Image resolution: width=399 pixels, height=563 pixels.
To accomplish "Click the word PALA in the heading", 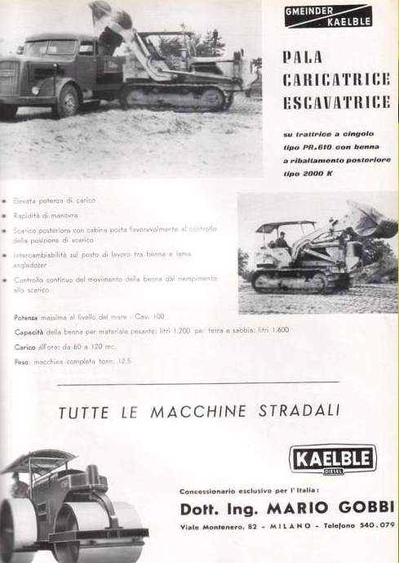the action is [x=302, y=58].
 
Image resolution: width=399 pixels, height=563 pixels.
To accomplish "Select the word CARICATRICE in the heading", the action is [x=329, y=80].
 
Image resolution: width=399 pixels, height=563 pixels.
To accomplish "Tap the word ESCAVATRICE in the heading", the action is [x=329, y=104].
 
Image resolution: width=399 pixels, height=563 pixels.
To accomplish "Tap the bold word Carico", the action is [x=24, y=346].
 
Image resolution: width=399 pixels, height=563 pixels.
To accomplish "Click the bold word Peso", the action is [x=22, y=360].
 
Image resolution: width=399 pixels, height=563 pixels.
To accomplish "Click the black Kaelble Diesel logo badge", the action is [x=333, y=458].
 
